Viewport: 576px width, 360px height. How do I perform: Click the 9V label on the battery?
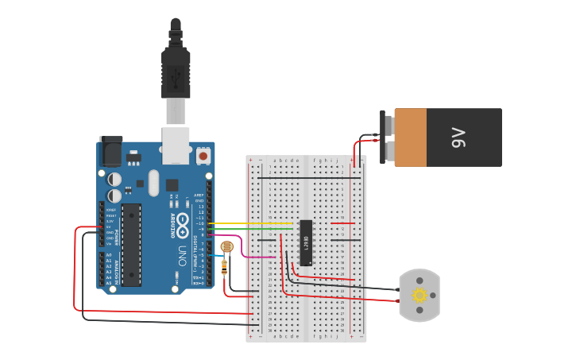point(458,137)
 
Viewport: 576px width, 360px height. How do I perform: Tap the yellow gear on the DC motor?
point(419,296)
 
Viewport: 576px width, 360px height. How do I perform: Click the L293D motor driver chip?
point(306,242)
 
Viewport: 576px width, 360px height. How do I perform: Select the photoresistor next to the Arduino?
point(226,247)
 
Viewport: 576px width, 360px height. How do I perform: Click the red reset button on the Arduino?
point(203,156)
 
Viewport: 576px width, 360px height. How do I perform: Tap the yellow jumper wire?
point(238,224)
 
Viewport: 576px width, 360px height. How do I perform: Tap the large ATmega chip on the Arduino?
point(130,244)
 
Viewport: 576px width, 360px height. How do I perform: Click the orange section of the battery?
point(411,137)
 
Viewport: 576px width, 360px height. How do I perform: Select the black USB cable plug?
point(176,72)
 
